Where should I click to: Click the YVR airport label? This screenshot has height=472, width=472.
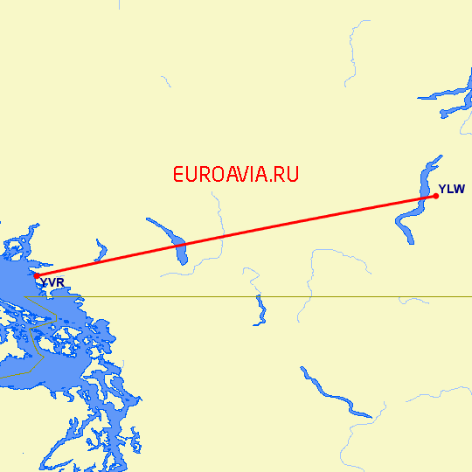[52, 282]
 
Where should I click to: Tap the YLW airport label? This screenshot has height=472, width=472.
[452, 189]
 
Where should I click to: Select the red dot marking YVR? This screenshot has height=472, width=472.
[37, 275]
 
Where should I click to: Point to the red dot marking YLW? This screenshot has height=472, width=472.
[435, 196]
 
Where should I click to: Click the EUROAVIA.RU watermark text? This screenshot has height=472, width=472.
[236, 174]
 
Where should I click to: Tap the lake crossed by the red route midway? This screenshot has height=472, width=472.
[182, 251]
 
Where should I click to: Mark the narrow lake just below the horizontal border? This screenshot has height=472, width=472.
[260, 309]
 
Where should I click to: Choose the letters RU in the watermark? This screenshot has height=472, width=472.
[288, 174]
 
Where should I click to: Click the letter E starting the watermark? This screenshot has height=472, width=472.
[178, 174]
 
